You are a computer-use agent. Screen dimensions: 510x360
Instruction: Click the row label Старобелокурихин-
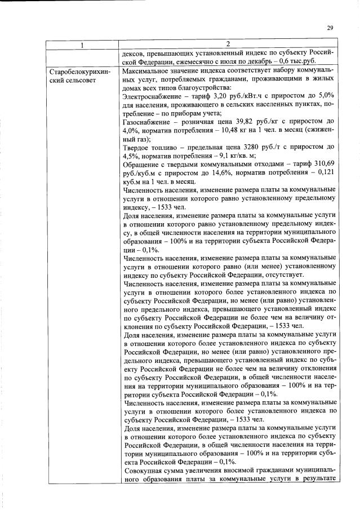pyautogui.click(x=82, y=73)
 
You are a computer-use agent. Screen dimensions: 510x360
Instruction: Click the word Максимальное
pyautogui.click(x=146, y=73)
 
